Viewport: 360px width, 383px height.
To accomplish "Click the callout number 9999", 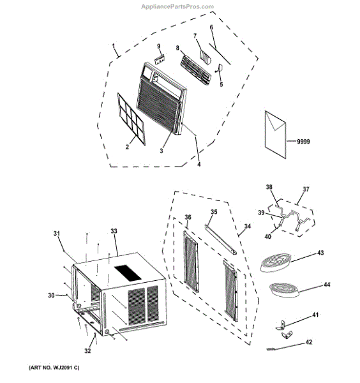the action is coord(303,142).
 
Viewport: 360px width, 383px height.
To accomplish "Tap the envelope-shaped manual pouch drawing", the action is coord(276,135).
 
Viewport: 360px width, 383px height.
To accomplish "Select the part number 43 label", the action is coord(320,253).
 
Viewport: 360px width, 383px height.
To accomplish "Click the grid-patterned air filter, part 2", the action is coord(131,119).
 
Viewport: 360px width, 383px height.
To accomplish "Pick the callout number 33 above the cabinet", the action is coord(114,231).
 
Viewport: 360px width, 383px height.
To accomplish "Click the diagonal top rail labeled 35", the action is coord(221,239).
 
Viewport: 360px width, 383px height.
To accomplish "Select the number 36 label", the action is coord(188,217).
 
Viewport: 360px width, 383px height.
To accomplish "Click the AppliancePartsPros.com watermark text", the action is coord(177,6).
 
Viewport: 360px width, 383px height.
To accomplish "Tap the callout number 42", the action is coord(309,342).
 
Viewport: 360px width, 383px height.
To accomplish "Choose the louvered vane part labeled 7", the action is coord(206,57).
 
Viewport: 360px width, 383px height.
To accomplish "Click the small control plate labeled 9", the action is coord(160,60).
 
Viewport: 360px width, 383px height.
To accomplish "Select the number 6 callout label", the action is coord(211,27).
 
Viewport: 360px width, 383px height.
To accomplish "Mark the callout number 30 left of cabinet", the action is coord(51,296).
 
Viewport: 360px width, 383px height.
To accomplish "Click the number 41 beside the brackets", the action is coord(315,315).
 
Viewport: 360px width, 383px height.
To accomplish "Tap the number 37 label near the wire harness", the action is coord(306,189).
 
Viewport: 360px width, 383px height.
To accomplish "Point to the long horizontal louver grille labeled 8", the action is coord(196,70).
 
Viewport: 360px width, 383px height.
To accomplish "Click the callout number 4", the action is coord(199,165).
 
